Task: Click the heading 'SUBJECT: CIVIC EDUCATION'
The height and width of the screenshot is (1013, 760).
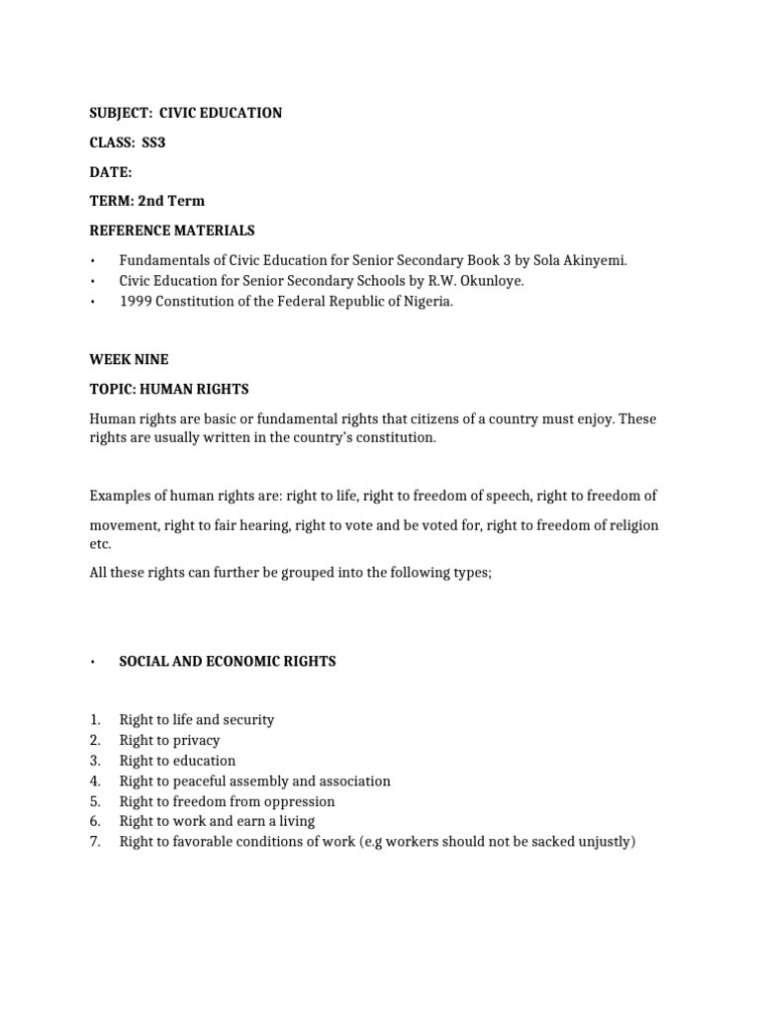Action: click(185, 113)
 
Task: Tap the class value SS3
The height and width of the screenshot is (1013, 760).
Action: click(153, 142)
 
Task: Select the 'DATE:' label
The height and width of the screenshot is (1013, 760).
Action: click(110, 172)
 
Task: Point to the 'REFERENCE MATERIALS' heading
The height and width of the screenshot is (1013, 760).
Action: click(171, 230)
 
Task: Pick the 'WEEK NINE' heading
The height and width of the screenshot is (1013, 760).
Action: click(129, 360)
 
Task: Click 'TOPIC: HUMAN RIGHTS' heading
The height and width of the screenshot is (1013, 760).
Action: click(169, 389)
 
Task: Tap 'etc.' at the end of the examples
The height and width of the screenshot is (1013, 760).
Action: click(101, 544)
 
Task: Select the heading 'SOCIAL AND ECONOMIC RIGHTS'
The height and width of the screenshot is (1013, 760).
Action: click(227, 661)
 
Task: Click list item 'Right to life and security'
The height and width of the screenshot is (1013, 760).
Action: click(196, 719)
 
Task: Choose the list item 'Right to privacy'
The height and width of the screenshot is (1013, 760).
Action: click(169, 740)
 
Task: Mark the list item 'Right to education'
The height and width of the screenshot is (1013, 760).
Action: click(177, 761)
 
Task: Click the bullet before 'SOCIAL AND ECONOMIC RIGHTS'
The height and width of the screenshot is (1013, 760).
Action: click(91, 662)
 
